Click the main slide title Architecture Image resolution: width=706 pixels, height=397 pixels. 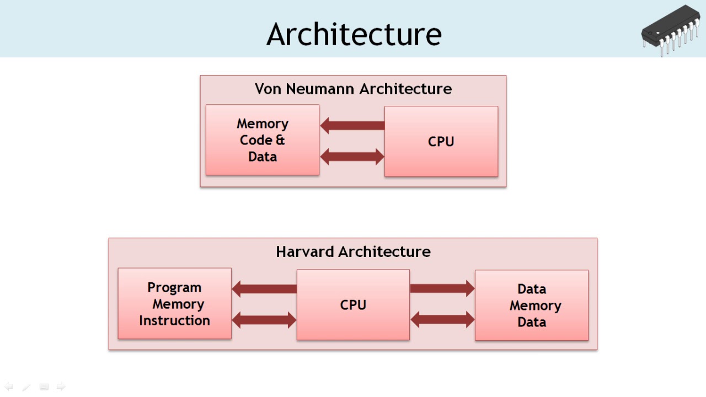[354, 34]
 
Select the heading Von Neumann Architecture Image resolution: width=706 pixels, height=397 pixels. [353, 89]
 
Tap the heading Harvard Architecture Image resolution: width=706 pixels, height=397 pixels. [353, 252]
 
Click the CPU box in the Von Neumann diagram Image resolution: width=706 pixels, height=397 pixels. [441, 141]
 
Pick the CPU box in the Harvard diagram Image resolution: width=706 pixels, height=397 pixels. [353, 304]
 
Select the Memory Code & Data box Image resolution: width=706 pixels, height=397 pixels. [263, 140]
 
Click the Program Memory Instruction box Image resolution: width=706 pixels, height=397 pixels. [174, 303]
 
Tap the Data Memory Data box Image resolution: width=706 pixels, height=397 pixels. [532, 305]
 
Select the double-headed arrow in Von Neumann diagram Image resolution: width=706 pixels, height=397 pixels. [352, 157]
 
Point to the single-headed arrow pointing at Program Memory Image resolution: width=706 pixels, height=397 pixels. [264, 288]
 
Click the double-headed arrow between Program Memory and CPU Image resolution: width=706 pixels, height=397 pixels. [264, 320]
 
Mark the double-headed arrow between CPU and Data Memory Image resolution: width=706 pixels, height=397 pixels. [442, 319]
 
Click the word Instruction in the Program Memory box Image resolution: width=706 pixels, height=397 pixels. [174, 320]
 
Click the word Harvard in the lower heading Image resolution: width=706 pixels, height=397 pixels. [305, 252]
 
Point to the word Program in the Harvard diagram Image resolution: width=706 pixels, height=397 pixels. [174, 287]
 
